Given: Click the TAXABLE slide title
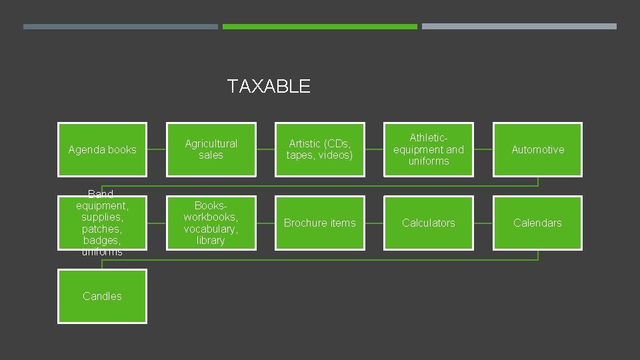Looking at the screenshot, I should [268, 87].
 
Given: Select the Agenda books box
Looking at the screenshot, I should [102, 149].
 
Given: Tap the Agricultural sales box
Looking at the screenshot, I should [211, 149].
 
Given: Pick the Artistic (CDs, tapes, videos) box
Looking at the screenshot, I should [320, 149].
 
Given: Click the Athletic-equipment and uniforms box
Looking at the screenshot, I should [429, 149].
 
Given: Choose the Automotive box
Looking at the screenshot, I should [537, 149].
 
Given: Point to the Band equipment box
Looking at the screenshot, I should [102, 223].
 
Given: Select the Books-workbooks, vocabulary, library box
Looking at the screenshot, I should [211, 223].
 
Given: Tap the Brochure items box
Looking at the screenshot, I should [320, 223].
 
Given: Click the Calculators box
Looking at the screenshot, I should [429, 223].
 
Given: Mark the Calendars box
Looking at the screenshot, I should [537, 223].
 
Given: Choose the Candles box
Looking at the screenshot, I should [102, 296].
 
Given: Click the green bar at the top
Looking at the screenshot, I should [320, 27].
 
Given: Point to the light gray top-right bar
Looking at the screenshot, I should [519, 27].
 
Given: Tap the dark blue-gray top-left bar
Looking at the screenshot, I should [121, 27].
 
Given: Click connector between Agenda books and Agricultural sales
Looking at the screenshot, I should [157, 149].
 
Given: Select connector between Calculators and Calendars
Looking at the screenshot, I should [483, 223].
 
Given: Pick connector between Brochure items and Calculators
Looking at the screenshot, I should [374, 223].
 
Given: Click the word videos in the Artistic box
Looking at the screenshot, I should [335, 155].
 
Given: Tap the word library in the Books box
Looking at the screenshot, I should [211, 241].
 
